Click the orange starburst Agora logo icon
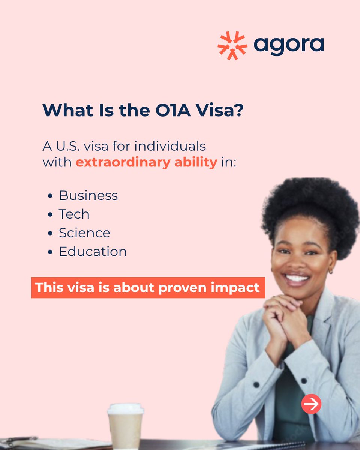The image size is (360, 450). pos(232,46)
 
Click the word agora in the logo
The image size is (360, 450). pos(288,45)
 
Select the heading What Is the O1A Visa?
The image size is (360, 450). pos(143,111)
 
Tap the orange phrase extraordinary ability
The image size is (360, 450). pos(146,163)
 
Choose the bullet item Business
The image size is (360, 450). pos(88,195)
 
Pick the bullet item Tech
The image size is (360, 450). pos(74,214)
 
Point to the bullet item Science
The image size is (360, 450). pos(84,233)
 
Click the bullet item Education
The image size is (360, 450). pos(93,252)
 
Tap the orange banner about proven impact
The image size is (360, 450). pos(147,288)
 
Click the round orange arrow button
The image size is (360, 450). pos(311,404)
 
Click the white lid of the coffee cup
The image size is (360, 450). pos(125,408)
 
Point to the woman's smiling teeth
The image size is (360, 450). pos(297,278)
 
